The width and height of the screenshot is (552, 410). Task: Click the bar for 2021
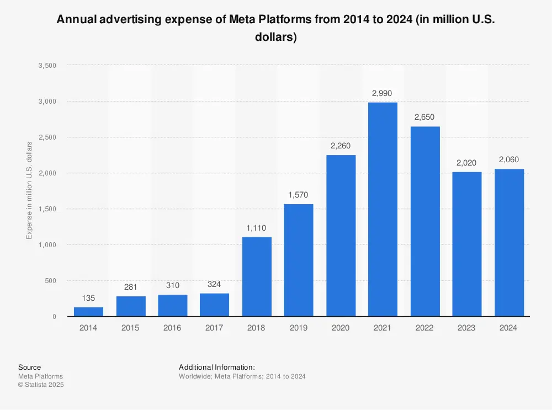(383, 210)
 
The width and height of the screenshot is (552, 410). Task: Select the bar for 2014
(88, 312)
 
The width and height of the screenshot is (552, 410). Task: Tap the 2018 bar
(257, 277)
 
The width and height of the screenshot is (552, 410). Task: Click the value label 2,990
(382, 93)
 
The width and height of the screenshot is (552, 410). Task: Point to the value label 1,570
(299, 195)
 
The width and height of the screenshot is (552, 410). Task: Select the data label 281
(131, 287)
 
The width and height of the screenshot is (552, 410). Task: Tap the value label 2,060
(509, 159)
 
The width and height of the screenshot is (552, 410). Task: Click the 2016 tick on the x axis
(172, 328)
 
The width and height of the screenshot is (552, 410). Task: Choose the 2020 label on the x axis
(341, 328)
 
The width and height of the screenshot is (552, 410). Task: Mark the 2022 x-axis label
(424, 328)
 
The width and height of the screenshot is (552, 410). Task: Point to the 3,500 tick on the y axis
(48, 66)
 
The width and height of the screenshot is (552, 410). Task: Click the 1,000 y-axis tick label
(48, 245)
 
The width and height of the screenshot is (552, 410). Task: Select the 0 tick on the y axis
(54, 317)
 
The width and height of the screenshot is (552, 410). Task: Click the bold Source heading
(29, 367)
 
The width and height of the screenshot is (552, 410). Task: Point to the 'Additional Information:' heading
(216, 367)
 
